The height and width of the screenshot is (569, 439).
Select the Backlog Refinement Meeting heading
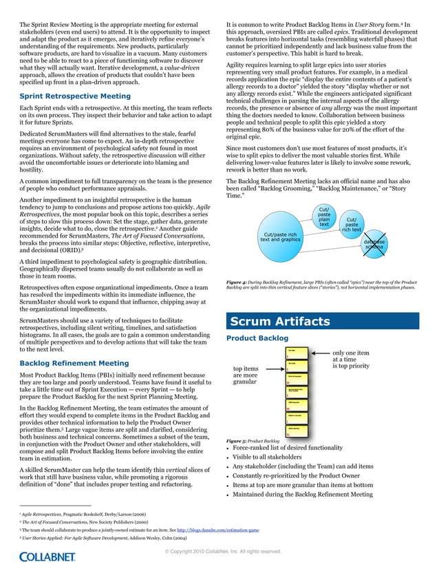point(74,362)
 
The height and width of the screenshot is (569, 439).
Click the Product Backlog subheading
point(257,338)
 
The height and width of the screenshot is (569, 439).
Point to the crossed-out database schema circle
point(374,245)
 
